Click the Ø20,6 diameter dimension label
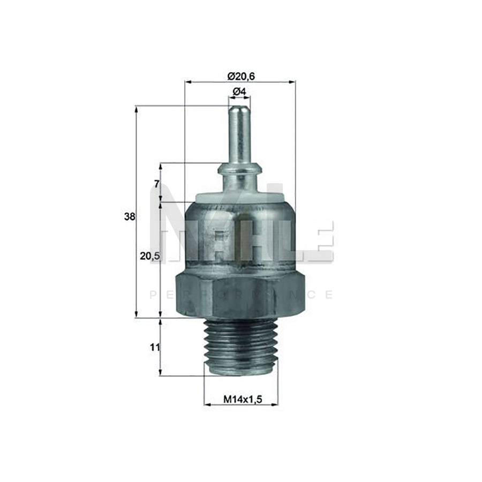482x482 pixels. (x=240, y=76)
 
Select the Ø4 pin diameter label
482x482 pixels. (x=239, y=92)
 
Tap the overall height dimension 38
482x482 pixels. (x=129, y=217)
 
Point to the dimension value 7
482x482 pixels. (x=156, y=184)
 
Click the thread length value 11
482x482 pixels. (x=155, y=347)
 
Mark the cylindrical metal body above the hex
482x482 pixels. (x=239, y=236)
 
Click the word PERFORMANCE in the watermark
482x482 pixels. (x=240, y=295)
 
